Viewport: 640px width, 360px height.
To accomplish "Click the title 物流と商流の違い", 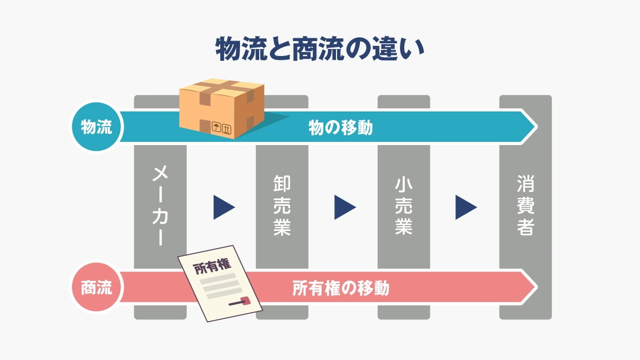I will pyautogui.click(x=319, y=50).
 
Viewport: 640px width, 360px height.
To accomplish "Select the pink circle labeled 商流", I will pyautogui.click(x=97, y=289).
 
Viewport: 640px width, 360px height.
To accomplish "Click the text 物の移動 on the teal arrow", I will pyautogui.click(x=340, y=128).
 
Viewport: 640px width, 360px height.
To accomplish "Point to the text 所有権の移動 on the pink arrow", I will pyautogui.click(x=341, y=289).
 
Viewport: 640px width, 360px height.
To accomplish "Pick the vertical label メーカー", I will pyautogui.click(x=160, y=205).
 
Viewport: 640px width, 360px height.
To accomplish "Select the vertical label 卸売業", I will pyautogui.click(x=282, y=205).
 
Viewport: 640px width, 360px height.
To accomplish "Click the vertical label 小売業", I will pyautogui.click(x=404, y=205).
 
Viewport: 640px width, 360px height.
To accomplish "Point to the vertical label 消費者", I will pyautogui.click(x=525, y=205).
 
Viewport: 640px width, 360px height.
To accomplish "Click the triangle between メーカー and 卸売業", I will pyautogui.click(x=223, y=207).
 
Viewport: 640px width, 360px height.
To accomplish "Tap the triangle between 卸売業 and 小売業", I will pyautogui.click(x=345, y=207).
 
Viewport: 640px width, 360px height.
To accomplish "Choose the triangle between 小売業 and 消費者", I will pyautogui.click(x=466, y=207).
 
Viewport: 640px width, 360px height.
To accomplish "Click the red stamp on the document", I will pyautogui.click(x=245, y=301).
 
